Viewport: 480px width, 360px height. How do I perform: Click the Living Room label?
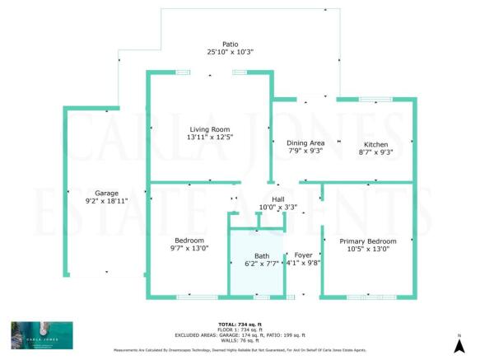(209, 129)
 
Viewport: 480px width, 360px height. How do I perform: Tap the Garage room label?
(106, 192)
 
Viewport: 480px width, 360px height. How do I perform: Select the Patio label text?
(230, 44)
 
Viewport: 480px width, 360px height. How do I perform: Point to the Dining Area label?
(293, 143)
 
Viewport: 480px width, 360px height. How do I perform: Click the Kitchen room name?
(375, 143)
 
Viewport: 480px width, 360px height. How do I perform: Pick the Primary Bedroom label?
(368, 241)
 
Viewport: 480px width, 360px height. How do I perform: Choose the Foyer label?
(302, 255)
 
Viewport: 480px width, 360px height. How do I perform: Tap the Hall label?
(277, 199)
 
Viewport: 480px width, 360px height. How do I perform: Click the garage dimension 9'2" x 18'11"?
(106, 200)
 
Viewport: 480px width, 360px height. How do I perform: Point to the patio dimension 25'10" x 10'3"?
(230, 52)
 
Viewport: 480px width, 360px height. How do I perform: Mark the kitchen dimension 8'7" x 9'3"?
(375, 152)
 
